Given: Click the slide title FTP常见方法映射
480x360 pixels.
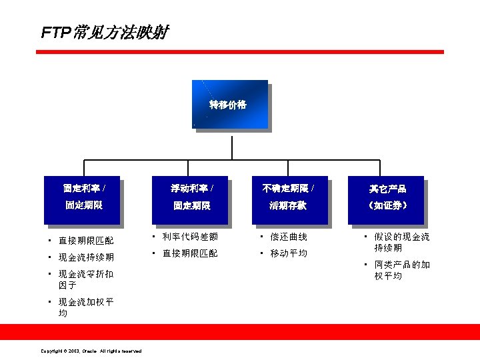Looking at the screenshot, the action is click(105, 32).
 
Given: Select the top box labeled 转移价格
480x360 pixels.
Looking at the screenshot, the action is click(229, 105).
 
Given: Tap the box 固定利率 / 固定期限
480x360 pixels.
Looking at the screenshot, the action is click(82, 199).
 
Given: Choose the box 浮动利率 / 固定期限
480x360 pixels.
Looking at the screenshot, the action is click(190, 199).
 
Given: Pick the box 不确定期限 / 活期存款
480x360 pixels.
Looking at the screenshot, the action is click(288, 199).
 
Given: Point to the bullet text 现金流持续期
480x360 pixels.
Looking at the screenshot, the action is click(86, 257).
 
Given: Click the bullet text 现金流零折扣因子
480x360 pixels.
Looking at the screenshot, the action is click(86, 279).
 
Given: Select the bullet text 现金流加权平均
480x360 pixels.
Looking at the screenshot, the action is click(86, 307).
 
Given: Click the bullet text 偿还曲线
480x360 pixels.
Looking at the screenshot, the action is click(289, 237).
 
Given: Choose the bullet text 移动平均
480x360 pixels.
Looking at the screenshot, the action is click(289, 253).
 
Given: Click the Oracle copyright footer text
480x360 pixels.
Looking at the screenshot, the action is click(91, 351).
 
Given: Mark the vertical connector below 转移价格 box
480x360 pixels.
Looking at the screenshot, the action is click(231, 147).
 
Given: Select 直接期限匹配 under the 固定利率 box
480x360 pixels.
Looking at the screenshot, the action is click(86, 241).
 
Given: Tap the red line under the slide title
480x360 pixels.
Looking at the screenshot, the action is click(240, 51).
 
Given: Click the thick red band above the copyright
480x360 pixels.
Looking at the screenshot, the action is click(240, 331).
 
